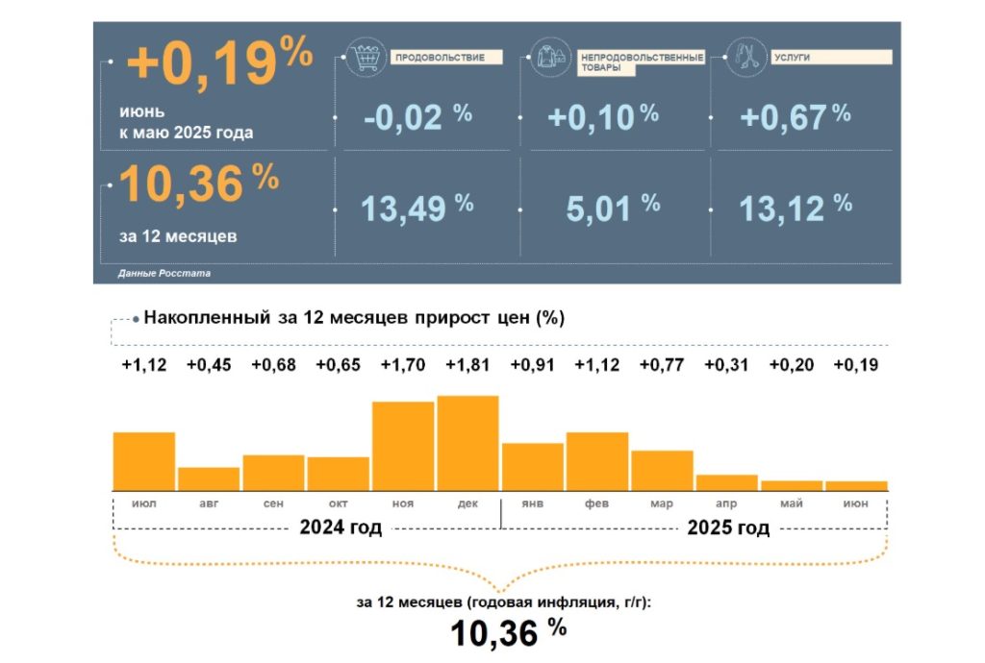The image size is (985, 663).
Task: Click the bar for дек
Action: tap(468, 443)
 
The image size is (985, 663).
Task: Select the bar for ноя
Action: tap(403, 446)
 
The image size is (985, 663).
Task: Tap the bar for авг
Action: tap(209, 479)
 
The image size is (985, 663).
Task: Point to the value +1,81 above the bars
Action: tap(468, 366)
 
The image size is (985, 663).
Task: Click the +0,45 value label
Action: tap(209, 366)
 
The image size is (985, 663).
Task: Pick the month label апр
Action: tap(727, 503)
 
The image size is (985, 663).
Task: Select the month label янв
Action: tap(532, 503)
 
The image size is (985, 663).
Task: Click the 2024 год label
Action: tap(341, 528)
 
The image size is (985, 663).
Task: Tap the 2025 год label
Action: tap(729, 528)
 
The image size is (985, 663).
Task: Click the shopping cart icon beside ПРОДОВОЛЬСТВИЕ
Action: tap(366, 59)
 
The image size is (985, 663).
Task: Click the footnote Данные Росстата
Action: tap(164, 274)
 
